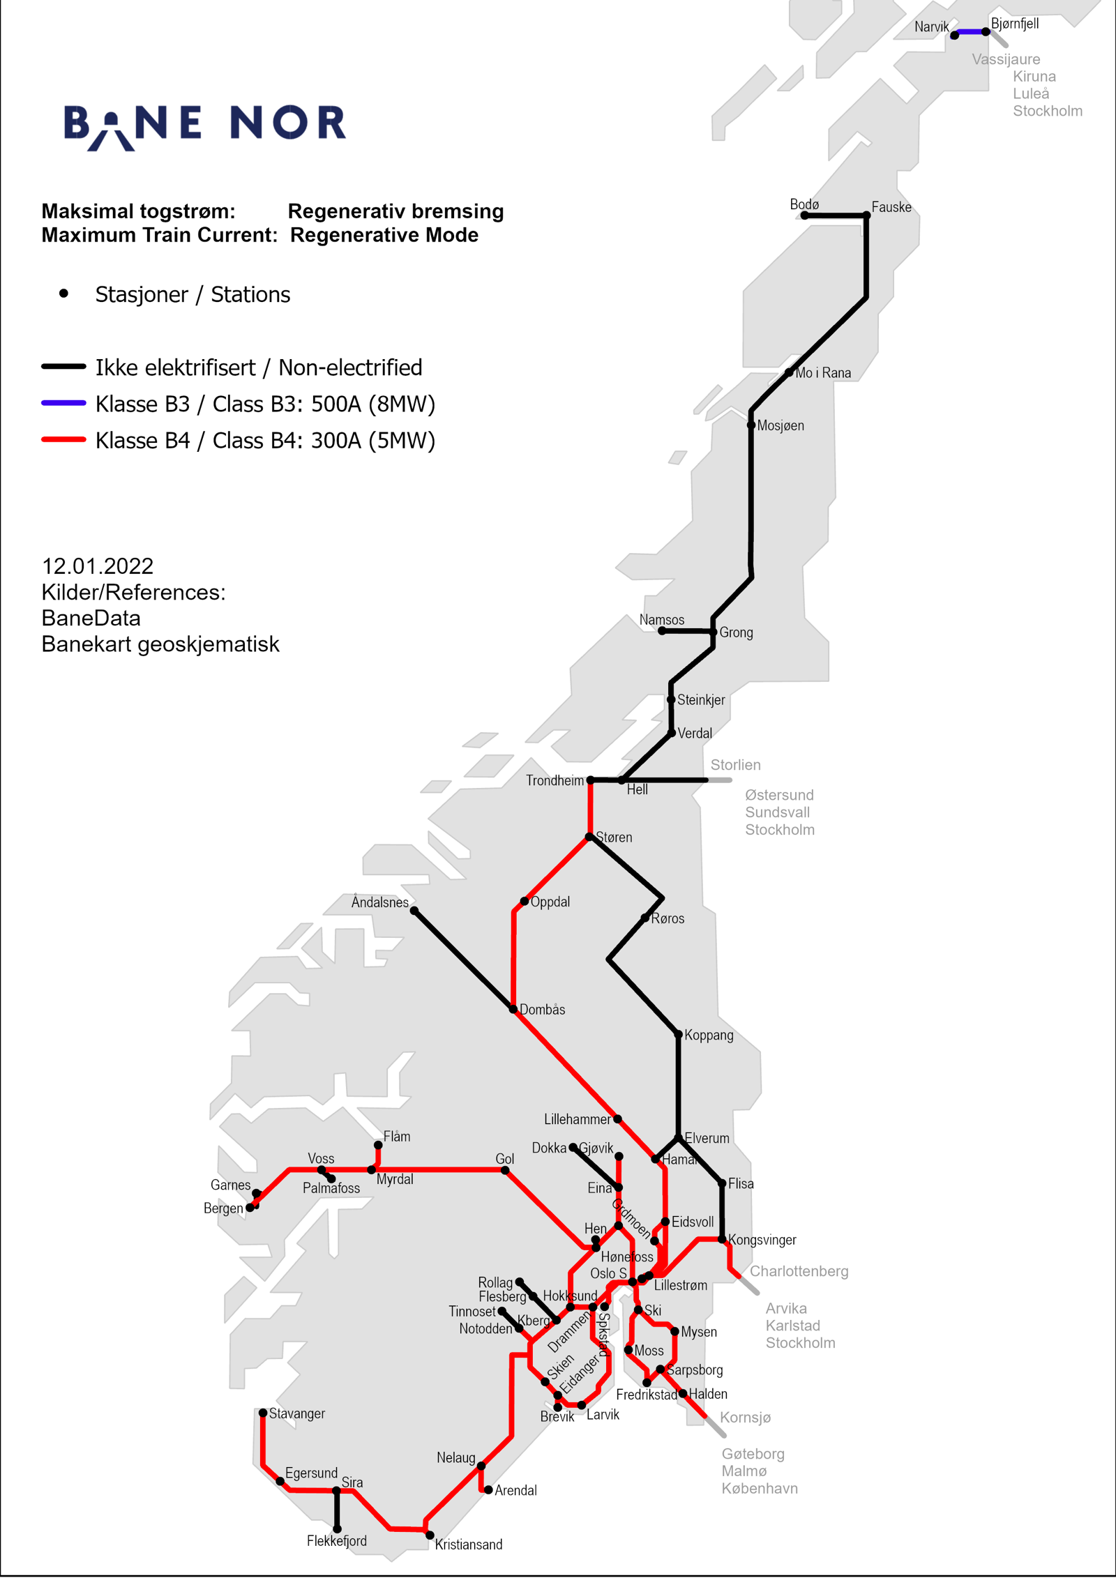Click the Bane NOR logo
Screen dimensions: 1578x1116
(204, 126)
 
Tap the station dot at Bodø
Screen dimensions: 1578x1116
(804, 215)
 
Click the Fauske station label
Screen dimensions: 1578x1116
(891, 207)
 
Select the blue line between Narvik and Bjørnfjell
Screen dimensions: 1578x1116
(970, 32)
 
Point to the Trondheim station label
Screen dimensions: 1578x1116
(555, 780)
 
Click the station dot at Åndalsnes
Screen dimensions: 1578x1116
(414, 911)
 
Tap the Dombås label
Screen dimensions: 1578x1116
(542, 1010)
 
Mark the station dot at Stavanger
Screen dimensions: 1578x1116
(263, 1413)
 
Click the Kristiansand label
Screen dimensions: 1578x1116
(468, 1545)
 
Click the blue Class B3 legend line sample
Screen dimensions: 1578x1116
(63, 403)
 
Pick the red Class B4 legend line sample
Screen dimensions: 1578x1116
(63, 440)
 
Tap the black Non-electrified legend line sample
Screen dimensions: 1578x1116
(63, 367)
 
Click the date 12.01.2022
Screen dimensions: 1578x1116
(98, 566)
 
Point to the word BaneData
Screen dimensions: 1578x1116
(91, 619)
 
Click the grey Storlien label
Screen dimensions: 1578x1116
(735, 765)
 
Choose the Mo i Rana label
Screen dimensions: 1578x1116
(823, 373)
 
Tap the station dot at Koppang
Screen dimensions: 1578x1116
(678, 1035)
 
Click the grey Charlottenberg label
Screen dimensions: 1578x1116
(799, 1271)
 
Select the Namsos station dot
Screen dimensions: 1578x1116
(662, 631)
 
